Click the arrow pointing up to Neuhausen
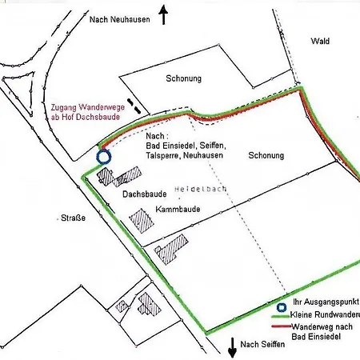click(163, 14)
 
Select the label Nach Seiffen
click(262, 345)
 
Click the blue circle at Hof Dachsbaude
click(102, 157)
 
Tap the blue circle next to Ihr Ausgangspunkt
click(282, 307)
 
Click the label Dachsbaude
click(144, 194)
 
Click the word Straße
click(73, 217)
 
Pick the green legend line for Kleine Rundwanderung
click(282, 317)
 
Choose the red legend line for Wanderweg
click(282, 327)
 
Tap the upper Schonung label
click(183, 79)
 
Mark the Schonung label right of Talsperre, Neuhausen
click(266, 156)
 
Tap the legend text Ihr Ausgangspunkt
click(325, 303)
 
